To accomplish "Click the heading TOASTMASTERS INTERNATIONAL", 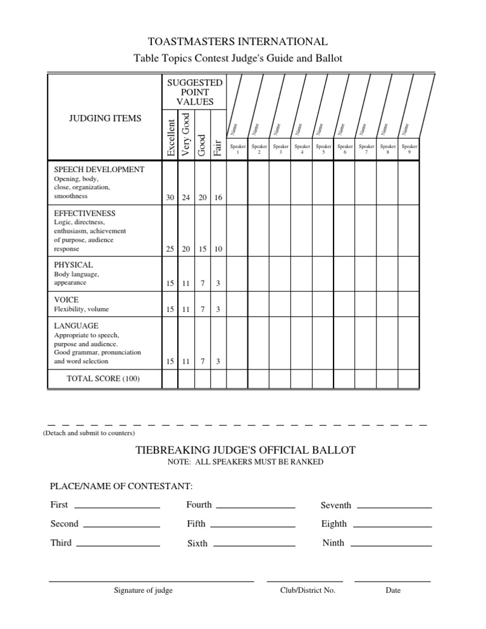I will point(237,42).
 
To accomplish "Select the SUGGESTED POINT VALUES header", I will point(194,92).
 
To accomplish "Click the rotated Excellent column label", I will point(170,134).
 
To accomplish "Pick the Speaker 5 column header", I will point(323,149).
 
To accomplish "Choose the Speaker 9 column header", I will point(408,149).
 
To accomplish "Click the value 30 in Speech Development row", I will point(170,198).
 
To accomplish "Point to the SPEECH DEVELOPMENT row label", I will point(99,170).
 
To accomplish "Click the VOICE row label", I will point(66,299).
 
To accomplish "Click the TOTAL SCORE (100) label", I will point(103,378).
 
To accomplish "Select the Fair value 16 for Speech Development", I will point(217,198).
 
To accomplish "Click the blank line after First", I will point(117,506).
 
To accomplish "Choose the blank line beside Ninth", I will point(391,544).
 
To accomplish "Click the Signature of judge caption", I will point(143,590).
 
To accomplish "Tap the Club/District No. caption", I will point(308,590).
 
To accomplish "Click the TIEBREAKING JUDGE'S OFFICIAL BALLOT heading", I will point(246,450).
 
